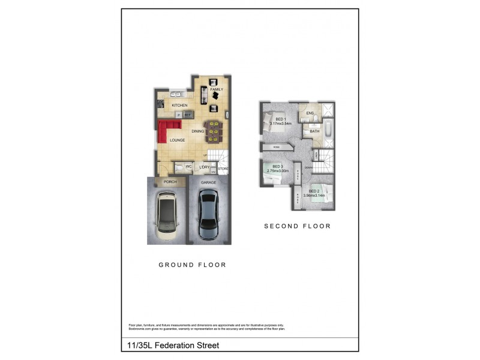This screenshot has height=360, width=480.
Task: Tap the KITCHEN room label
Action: (x=179, y=106)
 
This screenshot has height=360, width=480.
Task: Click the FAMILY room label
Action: (x=217, y=89)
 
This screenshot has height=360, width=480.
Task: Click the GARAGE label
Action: (x=208, y=182)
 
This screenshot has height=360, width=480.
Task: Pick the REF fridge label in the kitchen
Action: (x=187, y=115)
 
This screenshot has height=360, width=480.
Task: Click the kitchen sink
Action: (x=176, y=93)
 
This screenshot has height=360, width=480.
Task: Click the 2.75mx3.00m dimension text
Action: (x=277, y=171)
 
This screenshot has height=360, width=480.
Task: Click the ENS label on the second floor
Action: (x=310, y=113)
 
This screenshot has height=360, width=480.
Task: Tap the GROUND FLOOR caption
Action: (x=192, y=265)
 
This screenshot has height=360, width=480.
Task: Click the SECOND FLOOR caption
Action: (x=298, y=226)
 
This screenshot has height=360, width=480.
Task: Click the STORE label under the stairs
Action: (x=223, y=169)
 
